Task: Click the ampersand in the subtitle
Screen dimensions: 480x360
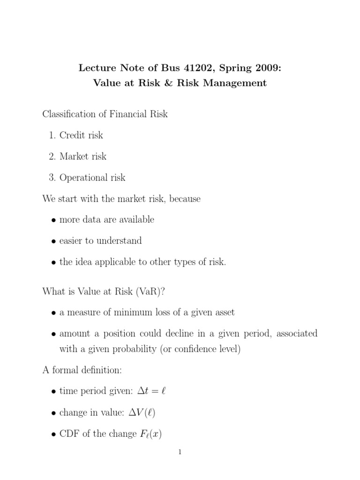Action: tap(159, 83)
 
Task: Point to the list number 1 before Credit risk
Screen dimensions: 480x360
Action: tap(52, 135)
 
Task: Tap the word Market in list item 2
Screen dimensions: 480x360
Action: tap(74, 157)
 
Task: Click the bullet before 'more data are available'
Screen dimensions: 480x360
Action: tap(54, 220)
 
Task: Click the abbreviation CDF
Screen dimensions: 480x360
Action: tap(69, 434)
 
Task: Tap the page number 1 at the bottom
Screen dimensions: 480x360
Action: tap(180, 452)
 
